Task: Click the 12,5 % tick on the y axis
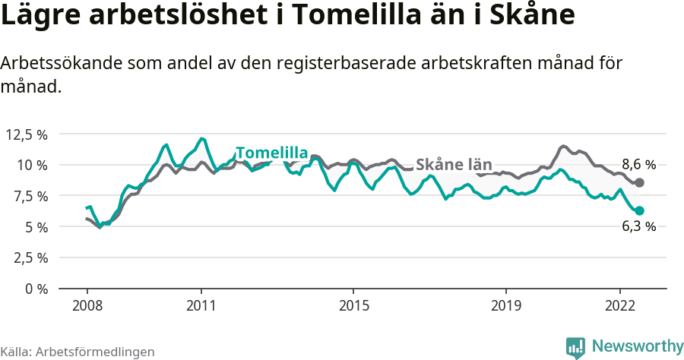coord(27,134)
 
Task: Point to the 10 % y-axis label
coord(33,165)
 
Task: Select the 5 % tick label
coord(36,227)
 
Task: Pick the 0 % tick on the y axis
coord(36,289)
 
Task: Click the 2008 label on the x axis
coord(87,305)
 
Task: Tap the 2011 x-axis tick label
coord(201,305)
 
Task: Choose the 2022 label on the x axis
coord(620,305)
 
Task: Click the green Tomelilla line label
coord(271,152)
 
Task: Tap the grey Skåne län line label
coord(454,165)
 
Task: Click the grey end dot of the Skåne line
coord(640,182)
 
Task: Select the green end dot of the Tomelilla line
coord(640,210)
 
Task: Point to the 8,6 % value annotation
coord(638,164)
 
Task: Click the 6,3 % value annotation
coord(638,226)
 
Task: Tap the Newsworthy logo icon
coord(575,347)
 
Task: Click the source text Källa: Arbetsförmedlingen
coord(78,352)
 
